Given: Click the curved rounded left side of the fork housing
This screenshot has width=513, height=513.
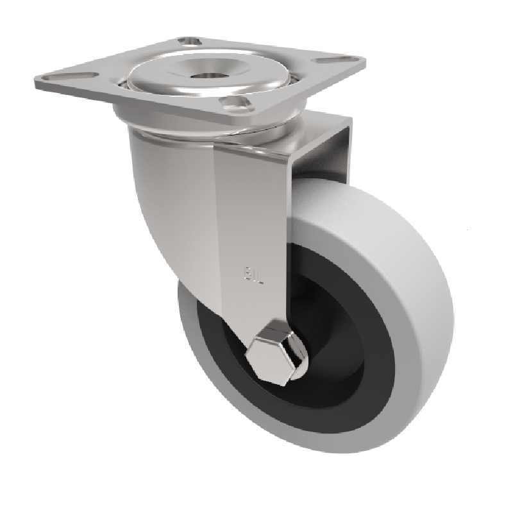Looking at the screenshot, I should click(x=154, y=192).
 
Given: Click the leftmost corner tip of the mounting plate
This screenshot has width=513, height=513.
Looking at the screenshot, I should click(x=32, y=81).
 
